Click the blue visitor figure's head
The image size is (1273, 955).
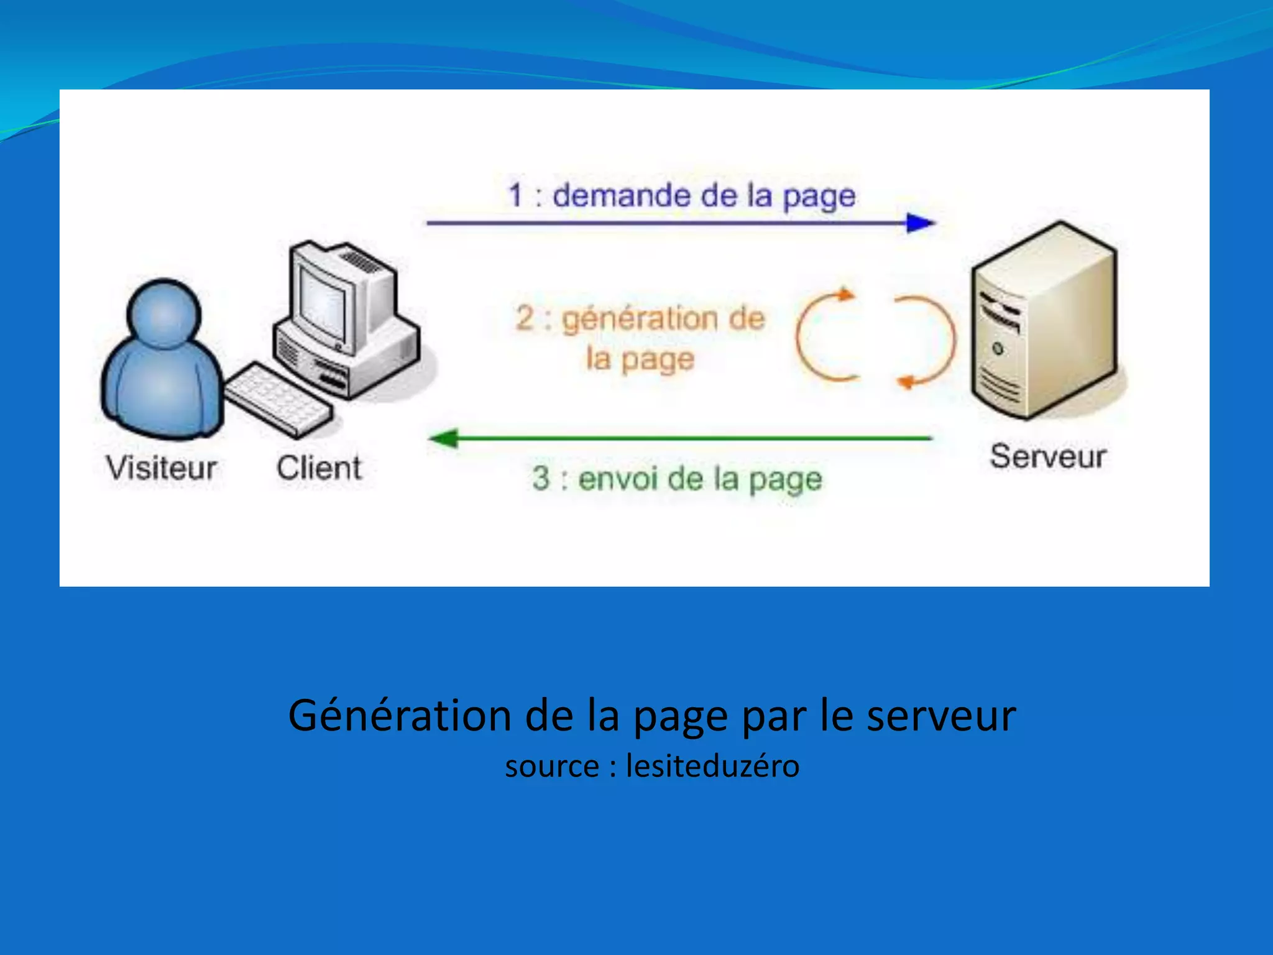163,312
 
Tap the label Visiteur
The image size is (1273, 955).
161,468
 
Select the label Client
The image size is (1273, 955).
319,468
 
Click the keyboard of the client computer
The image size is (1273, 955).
278,399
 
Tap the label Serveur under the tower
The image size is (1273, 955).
1048,456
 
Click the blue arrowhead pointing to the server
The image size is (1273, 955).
920,223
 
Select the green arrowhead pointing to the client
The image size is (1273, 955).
444,438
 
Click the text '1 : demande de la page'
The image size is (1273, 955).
682,195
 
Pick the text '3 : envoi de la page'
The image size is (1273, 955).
677,479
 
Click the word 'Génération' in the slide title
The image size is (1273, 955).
400,715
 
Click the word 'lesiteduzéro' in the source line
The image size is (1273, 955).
712,765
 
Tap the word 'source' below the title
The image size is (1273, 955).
552,767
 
